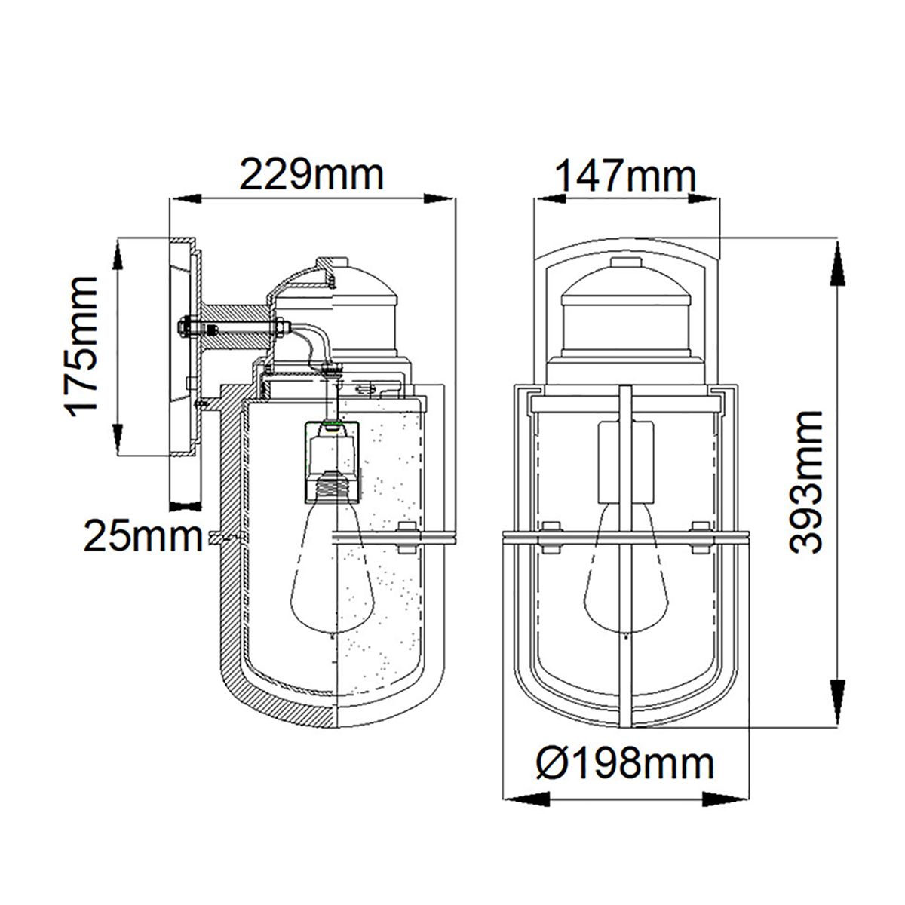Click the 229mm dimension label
pos(311,175)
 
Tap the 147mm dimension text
pos(624,177)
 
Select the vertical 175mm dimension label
pos(81,346)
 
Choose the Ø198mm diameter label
pos(624,764)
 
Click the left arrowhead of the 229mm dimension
pos(186,199)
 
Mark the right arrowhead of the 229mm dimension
pos(442,199)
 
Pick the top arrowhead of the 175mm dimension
pos(118,256)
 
